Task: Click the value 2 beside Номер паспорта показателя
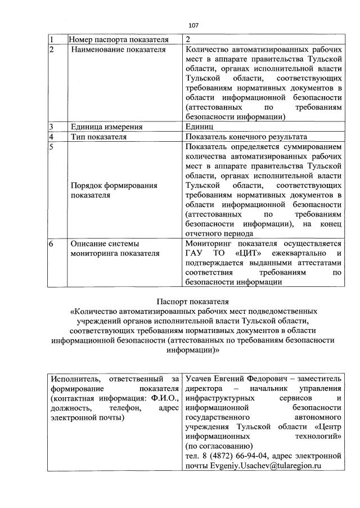point(188,39)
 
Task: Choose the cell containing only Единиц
point(199,127)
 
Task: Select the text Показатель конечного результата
point(246,137)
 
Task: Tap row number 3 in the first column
point(51,127)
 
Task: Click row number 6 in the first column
point(51,244)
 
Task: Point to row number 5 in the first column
point(51,147)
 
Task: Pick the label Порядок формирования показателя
point(113,190)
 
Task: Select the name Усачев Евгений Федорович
point(233,379)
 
